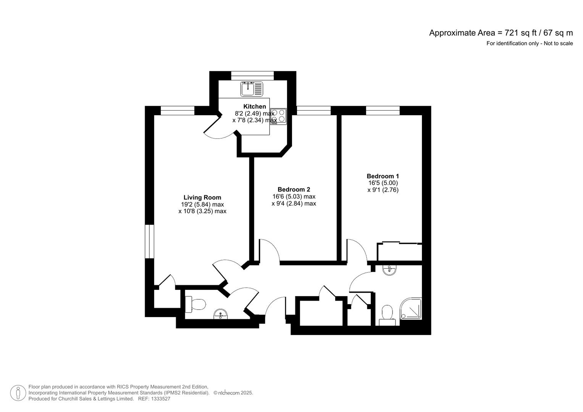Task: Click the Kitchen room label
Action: pyautogui.click(x=255, y=106)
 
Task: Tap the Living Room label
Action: pyautogui.click(x=202, y=197)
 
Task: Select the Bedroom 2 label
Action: pyautogui.click(x=294, y=189)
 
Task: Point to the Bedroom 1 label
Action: pyautogui.click(x=383, y=176)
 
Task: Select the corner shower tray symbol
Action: pyautogui.click(x=411, y=309)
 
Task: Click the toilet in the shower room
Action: pyautogui.click(x=387, y=315)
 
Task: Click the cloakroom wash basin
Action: pyautogui.click(x=221, y=314)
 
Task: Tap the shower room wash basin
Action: pyautogui.click(x=389, y=270)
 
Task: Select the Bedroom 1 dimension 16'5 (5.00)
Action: pyautogui.click(x=383, y=183)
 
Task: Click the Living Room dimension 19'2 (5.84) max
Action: pyautogui.click(x=202, y=204)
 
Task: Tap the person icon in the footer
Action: pyautogui.click(x=18, y=393)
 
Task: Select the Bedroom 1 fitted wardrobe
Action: pyautogui.click(x=400, y=252)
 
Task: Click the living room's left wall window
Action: pyautogui.click(x=149, y=241)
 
